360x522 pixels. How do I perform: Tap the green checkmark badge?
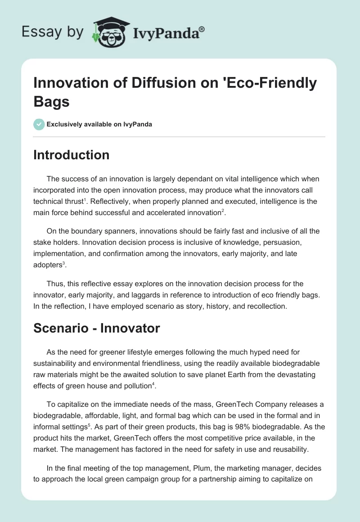pyautogui.click(x=39, y=124)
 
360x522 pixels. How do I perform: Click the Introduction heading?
pyautogui.click(x=72, y=155)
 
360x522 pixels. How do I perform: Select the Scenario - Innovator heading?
pyautogui.click(x=97, y=328)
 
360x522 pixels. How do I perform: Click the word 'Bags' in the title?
pyautogui.click(x=51, y=101)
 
